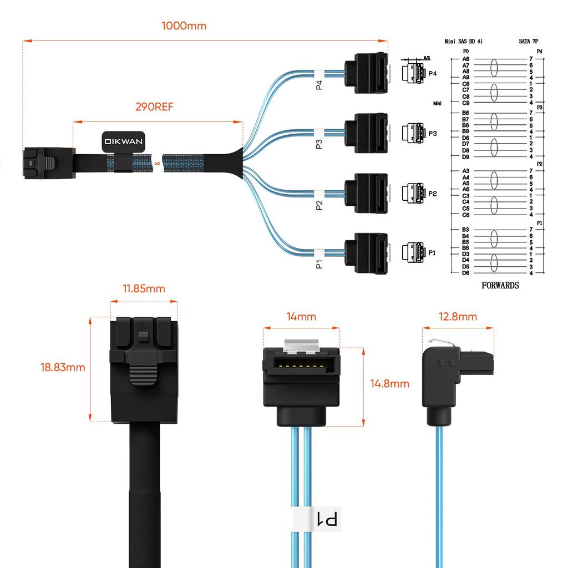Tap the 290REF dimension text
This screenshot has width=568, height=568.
pos(154,106)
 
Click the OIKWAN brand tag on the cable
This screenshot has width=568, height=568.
pos(123,142)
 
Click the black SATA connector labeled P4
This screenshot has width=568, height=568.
pos(366,72)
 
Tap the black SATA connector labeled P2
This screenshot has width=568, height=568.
pos(366,192)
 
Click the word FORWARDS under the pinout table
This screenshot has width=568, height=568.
pos(500,285)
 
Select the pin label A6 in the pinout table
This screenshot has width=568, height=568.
pos(466,59)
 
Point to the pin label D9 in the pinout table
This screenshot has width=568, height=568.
pos(466,156)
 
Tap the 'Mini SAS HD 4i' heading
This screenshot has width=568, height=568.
pos(467,41)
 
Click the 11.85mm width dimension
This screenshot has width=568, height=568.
pos(144,289)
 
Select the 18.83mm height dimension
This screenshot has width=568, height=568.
pos(63,367)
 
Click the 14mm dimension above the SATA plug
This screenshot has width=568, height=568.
pos(301,317)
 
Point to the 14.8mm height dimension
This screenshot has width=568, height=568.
pos(390,384)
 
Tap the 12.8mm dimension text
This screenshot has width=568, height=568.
pos(458,317)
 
